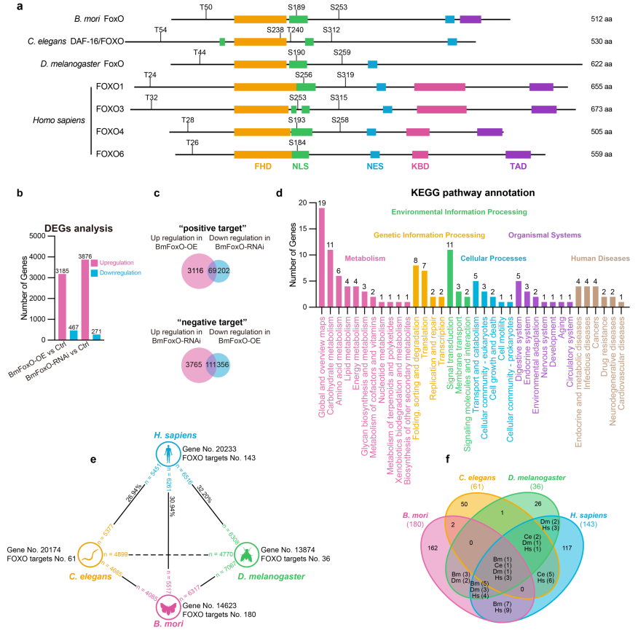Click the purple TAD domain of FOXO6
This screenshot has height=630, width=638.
[x=518, y=154]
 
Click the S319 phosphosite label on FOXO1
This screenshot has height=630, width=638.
[x=345, y=75]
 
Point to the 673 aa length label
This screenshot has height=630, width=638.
[x=602, y=109]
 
